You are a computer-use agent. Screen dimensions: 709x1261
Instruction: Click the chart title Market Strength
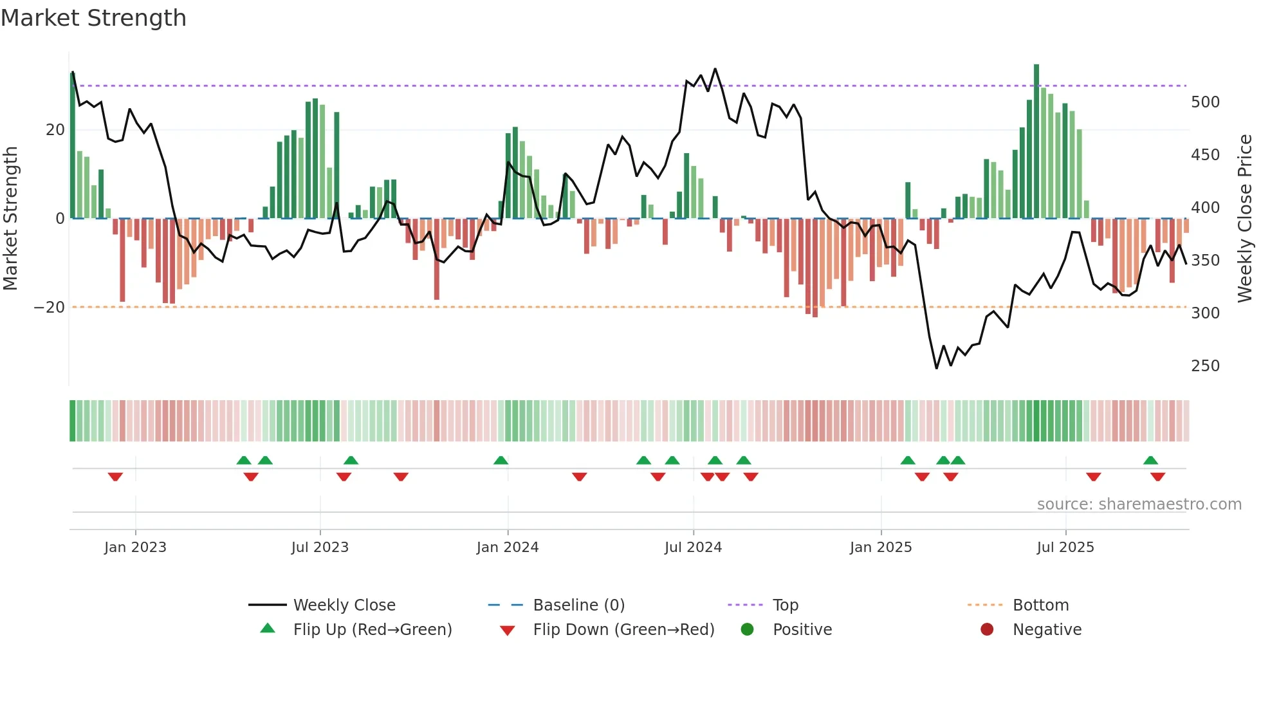pos(93,18)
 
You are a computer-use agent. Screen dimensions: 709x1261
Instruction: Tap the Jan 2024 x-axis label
pos(508,548)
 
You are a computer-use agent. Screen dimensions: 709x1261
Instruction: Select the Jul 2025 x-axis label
pos(1065,548)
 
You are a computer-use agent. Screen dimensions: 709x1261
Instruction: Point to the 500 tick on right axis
pos(1205,102)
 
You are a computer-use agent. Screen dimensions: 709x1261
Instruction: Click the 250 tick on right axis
pos(1205,366)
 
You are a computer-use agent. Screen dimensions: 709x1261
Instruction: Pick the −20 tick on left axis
pos(50,308)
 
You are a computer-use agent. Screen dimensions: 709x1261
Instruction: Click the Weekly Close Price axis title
pos(1245,219)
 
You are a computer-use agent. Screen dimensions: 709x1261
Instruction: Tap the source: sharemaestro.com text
pos(1139,504)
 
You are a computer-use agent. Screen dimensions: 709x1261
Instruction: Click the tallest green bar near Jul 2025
pos(1036,142)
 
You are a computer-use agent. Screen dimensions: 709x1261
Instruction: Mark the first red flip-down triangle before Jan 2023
pos(115,477)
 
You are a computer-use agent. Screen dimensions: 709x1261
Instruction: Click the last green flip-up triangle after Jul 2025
pos(1150,460)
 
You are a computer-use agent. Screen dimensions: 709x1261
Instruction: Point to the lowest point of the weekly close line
pos(936,368)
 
